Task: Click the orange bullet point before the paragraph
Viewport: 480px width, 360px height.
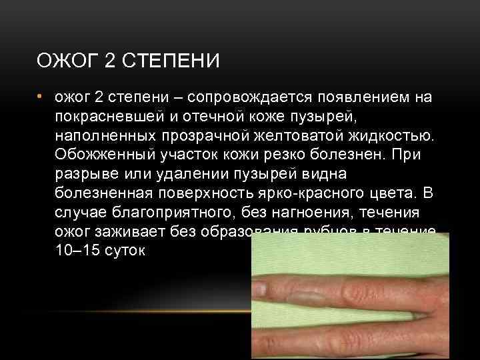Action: (40, 97)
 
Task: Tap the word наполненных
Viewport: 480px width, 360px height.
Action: (103, 137)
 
